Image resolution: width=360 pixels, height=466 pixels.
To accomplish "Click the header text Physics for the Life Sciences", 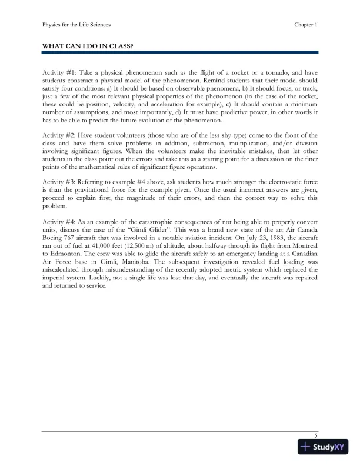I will pyautogui.click(x=76, y=25).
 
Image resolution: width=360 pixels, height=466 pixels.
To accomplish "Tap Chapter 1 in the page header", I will pyautogui.click(x=306, y=25).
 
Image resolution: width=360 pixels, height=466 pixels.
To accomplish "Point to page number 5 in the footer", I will pyautogui.click(x=316, y=435).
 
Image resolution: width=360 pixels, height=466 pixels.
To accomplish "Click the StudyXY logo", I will pyautogui.click(x=323, y=447).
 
